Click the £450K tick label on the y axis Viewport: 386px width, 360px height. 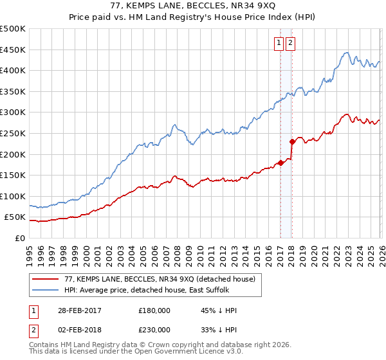(x=13, y=50)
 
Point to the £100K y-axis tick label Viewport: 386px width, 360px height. (x=13, y=196)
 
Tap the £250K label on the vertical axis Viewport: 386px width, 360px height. (x=13, y=133)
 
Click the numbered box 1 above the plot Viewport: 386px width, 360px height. (x=279, y=43)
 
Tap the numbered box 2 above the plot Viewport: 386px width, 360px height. (x=291, y=43)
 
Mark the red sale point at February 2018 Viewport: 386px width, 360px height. (x=291, y=141)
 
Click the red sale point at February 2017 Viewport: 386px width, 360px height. (x=280, y=163)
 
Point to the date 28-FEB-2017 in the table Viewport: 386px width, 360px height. (x=77, y=310)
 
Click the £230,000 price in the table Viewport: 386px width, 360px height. (x=154, y=330)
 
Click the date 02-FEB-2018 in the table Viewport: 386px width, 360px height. (x=77, y=330)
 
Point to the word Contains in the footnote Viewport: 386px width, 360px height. (x=44, y=345)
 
